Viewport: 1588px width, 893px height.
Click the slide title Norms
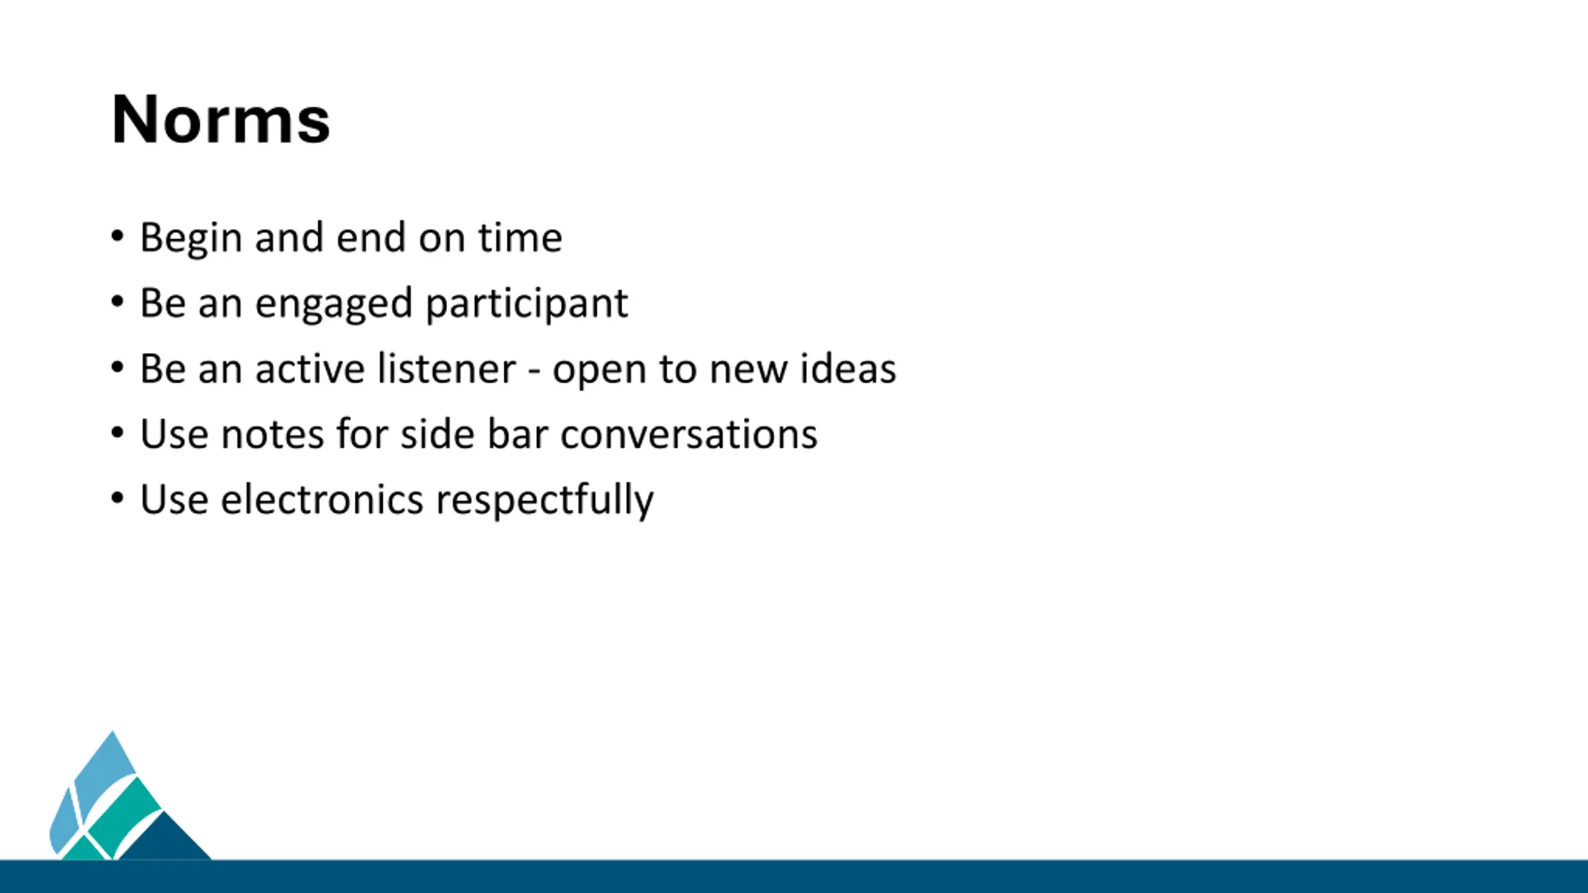(x=221, y=119)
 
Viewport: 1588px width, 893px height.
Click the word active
(x=310, y=369)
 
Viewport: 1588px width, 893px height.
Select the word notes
(x=273, y=435)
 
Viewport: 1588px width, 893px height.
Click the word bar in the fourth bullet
(x=518, y=433)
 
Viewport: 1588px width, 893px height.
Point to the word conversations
(x=689, y=434)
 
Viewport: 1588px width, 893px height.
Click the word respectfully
(x=545, y=501)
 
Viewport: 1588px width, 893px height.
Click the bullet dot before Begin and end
(x=117, y=236)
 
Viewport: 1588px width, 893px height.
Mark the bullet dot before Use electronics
(x=117, y=498)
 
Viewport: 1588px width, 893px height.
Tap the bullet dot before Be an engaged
(x=117, y=302)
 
